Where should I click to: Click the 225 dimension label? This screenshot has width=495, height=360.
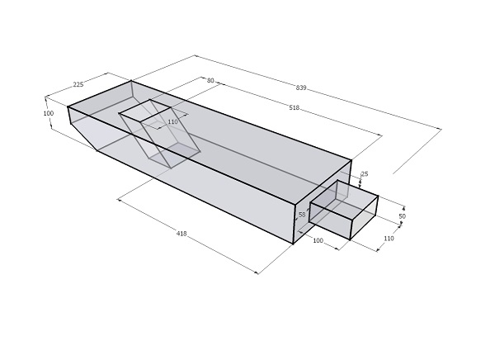tap(78, 84)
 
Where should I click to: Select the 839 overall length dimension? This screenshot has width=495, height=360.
tap(301, 88)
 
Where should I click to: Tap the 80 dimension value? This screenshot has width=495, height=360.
tap(210, 81)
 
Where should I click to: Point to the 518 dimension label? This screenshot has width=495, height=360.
tap(295, 108)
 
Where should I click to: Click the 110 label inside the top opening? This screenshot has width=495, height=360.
tap(172, 121)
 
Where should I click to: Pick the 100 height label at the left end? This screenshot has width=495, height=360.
tap(49, 113)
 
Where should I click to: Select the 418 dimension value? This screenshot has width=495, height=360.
tap(181, 234)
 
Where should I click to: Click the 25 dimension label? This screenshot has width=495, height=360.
tap(365, 174)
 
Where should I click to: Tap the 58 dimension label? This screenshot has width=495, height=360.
tap(302, 215)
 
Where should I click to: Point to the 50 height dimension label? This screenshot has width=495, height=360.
tap(403, 216)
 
